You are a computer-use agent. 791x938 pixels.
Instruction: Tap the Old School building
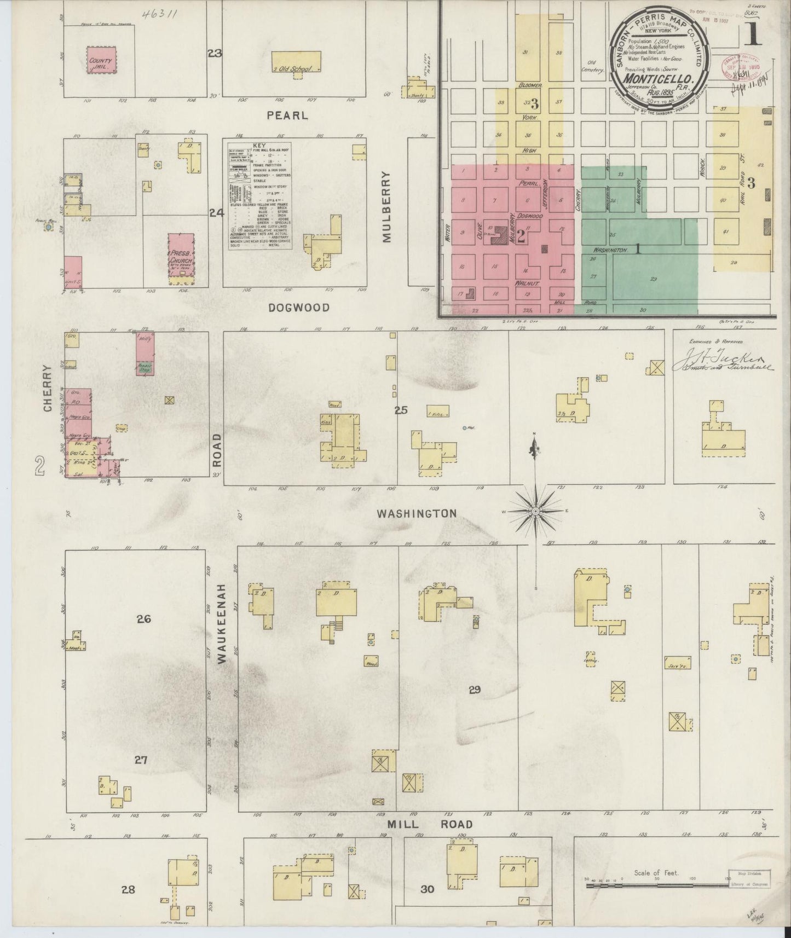[x=296, y=62]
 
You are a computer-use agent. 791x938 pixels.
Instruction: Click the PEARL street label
[x=287, y=116]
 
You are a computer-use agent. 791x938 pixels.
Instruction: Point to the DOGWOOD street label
[x=299, y=308]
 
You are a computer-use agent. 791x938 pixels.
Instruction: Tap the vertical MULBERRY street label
[x=387, y=207]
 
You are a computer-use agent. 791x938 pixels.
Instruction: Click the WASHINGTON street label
[x=417, y=513]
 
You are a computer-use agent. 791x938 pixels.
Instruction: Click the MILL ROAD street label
[x=430, y=824]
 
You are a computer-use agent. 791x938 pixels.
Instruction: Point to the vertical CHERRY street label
[x=48, y=389]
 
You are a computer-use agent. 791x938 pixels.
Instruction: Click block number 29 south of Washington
[x=474, y=690]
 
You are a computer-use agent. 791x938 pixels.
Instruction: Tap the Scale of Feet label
[x=656, y=872]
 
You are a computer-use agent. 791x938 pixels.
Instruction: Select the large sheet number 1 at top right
[x=754, y=36]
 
